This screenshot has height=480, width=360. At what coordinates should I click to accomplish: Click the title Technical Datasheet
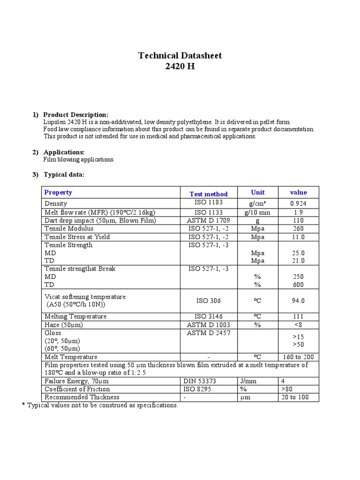180,56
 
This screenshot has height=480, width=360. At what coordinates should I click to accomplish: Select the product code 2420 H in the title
180,67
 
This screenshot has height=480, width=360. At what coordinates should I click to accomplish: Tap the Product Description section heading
75,115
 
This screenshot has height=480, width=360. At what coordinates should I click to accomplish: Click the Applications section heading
64,152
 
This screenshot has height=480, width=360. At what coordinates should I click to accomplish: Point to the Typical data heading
64,174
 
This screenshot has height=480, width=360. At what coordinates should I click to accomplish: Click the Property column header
58,192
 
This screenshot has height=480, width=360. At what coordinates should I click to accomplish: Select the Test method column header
209,194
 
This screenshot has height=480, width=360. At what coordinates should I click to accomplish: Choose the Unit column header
258,192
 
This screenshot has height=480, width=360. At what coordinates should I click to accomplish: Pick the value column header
298,192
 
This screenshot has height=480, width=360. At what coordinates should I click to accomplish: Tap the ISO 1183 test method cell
209,202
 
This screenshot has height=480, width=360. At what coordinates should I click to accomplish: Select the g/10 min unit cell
258,212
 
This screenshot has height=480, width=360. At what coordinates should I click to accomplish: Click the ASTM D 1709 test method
209,220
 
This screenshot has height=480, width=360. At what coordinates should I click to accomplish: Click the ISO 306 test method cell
209,301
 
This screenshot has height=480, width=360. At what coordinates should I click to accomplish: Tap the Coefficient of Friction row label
77,389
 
